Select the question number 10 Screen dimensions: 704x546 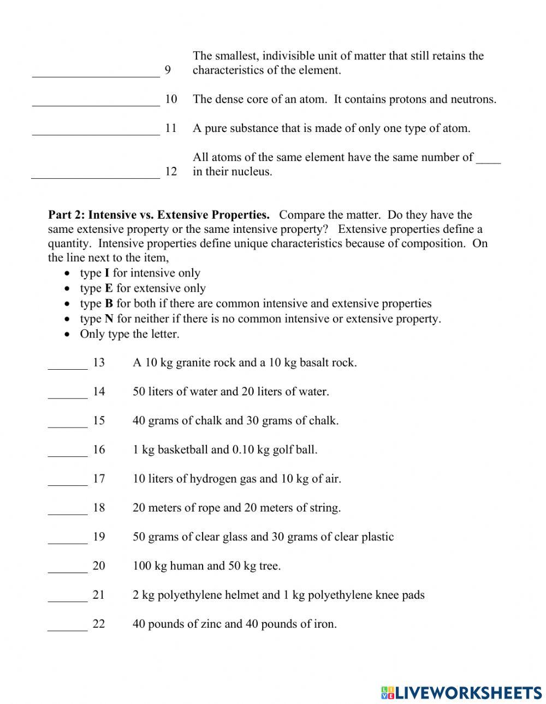(x=171, y=99)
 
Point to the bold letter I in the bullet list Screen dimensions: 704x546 (x=107, y=273)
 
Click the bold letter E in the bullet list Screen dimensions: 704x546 (x=108, y=288)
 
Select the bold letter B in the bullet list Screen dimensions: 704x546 (x=109, y=304)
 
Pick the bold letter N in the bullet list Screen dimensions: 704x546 (x=109, y=319)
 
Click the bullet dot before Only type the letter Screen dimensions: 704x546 (x=67, y=334)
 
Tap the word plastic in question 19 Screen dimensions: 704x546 (x=377, y=537)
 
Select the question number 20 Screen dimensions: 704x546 (x=99, y=566)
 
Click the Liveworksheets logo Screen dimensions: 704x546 (x=461, y=693)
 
